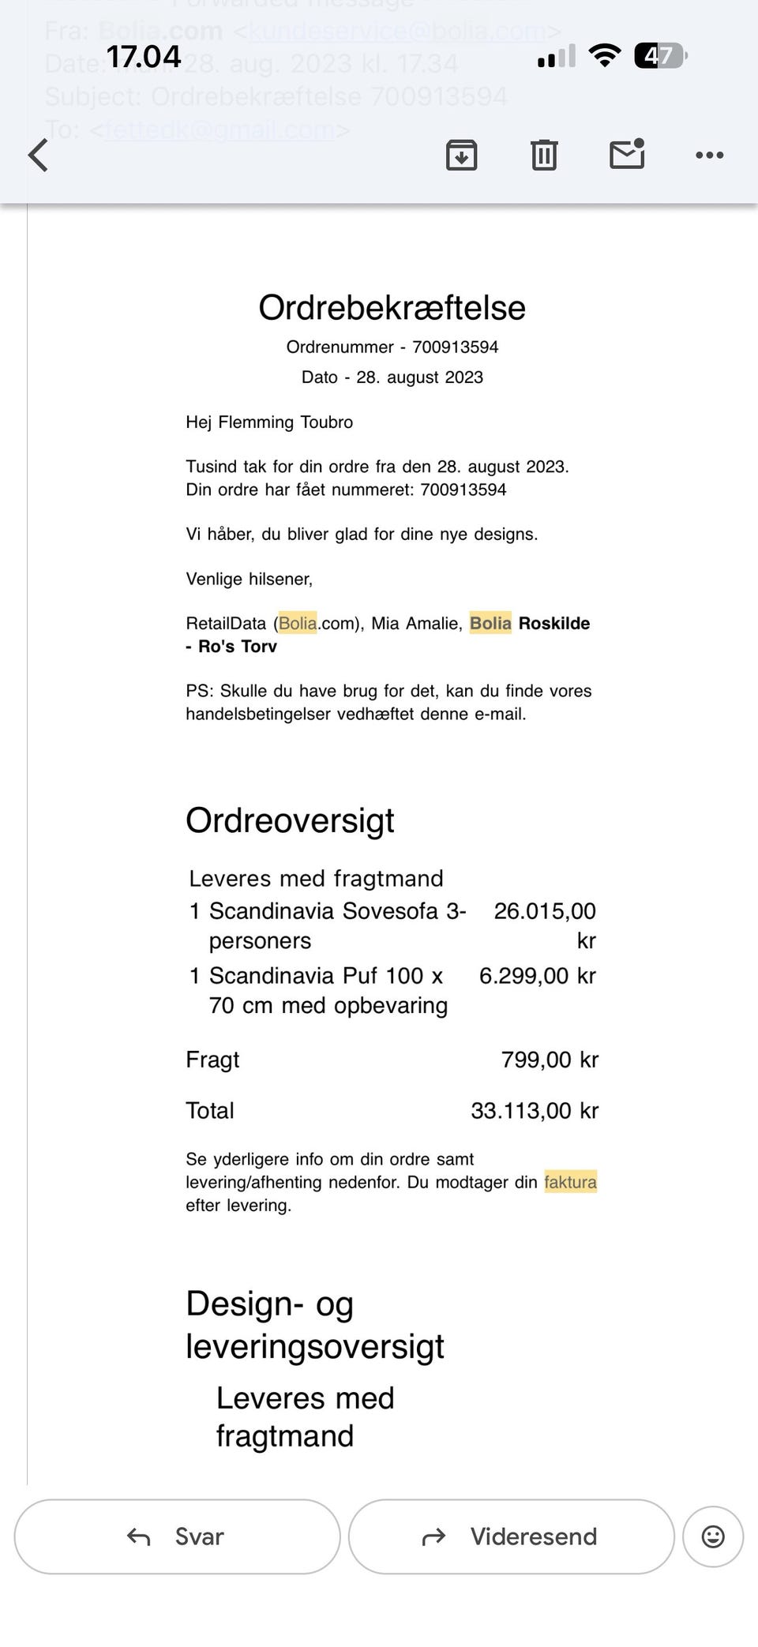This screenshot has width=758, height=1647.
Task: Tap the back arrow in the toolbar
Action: [38, 155]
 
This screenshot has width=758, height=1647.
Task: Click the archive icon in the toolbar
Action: [461, 155]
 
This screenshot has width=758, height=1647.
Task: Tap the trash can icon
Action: [543, 155]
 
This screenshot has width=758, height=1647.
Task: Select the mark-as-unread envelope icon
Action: [627, 154]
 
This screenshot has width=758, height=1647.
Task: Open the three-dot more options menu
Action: [709, 155]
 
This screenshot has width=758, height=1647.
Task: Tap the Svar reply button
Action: [177, 1536]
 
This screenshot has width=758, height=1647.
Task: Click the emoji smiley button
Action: [712, 1536]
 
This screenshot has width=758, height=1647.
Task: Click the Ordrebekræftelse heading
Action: [392, 308]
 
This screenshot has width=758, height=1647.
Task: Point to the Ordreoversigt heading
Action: [290, 820]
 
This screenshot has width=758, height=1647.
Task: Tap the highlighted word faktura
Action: [570, 1182]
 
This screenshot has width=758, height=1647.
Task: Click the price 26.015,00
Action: [545, 911]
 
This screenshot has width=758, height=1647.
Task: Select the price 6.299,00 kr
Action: [537, 976]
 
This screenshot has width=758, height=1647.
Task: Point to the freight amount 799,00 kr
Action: [550, 1060]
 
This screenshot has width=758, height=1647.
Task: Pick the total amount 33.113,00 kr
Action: [535, 1111]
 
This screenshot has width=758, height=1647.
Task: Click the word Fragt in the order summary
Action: [212, 1060]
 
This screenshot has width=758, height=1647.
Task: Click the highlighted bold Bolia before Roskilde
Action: [490, 624]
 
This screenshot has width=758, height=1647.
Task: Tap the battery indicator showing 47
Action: [660, 56]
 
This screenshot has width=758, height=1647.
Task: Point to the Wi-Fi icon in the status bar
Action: [605, 55]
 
